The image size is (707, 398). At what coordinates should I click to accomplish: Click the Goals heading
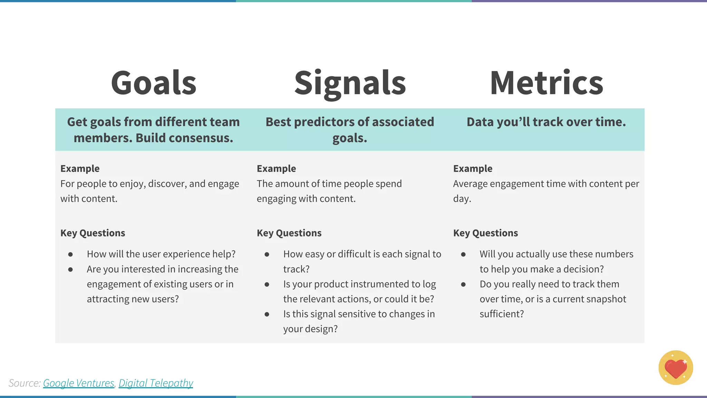pos(154,83)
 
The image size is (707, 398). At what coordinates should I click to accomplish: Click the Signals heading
pos(350,83)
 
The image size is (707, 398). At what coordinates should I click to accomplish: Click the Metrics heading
pos(546,83)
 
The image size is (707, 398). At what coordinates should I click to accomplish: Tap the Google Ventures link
pos(78,383)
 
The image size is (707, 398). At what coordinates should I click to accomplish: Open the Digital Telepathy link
pos(156,383)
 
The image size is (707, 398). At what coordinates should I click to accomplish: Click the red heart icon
pos(676,368)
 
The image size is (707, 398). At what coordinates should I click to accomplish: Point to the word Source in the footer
pos(24,383)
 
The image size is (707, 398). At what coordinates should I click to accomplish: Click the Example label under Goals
pos(80,168)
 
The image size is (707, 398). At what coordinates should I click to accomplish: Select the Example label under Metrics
pos(473,168)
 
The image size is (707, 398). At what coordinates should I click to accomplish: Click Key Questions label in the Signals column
pos(289,233)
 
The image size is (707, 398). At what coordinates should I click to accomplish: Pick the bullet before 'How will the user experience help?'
pos(70,254)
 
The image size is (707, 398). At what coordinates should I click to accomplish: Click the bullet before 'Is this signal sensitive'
pos(267,314)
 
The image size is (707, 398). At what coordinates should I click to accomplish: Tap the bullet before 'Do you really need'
pos(463,284)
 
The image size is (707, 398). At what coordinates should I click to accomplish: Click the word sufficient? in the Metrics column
pos(502,314)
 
